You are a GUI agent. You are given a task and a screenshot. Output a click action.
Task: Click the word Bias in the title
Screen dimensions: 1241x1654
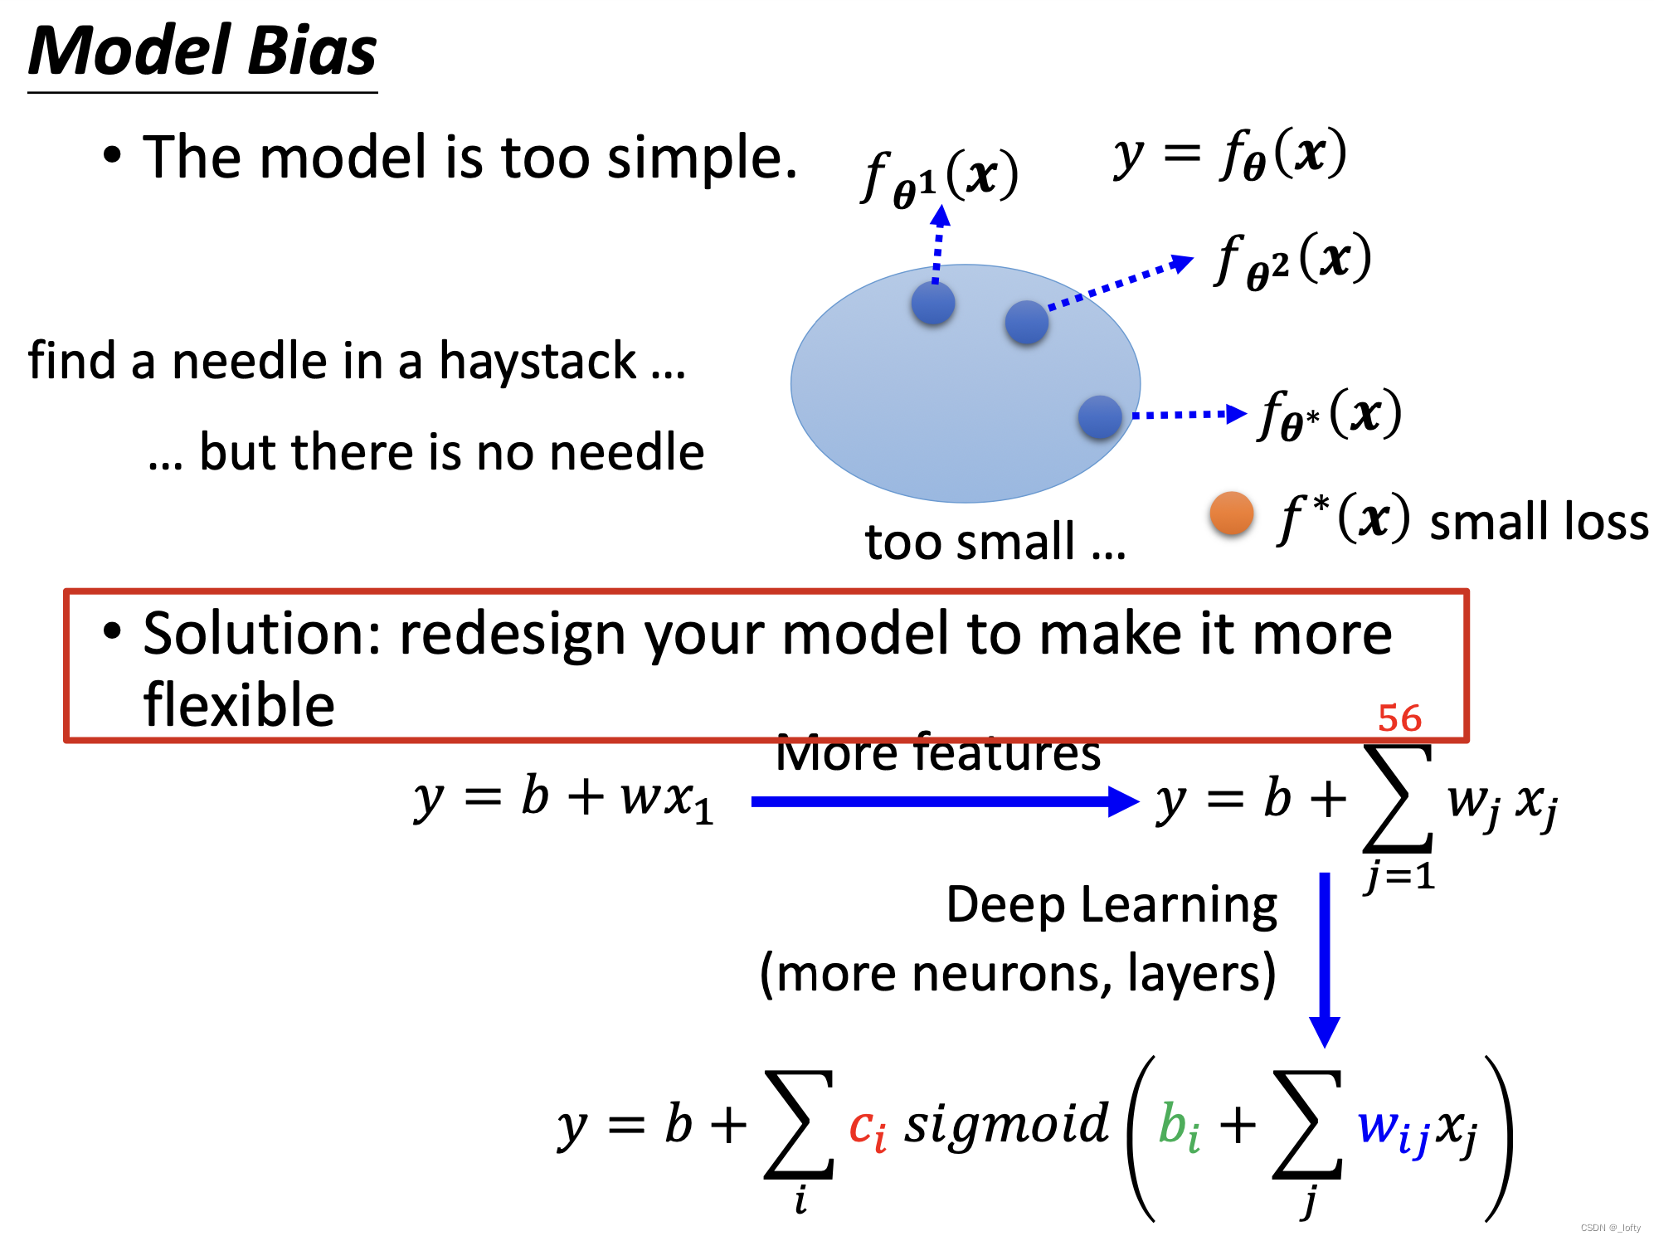tap(312, 51)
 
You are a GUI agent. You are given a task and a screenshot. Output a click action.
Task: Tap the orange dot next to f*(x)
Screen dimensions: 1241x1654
tap(1231, 513)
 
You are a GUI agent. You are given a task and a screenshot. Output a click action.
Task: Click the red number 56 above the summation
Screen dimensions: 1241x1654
tap(1399, 718)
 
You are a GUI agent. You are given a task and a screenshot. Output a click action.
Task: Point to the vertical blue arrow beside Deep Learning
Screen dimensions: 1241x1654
tap(1325, 958)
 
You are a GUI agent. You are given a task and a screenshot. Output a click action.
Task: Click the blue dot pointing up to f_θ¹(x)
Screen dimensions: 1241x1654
tap(933, 303)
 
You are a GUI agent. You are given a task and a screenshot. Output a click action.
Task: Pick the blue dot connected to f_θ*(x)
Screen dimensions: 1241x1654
tap(1100, 416)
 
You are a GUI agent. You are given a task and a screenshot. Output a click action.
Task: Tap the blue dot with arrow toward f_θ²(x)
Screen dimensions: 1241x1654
tap(1027, 322)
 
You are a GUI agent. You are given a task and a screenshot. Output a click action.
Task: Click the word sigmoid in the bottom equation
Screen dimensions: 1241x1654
tap(1006, 1125)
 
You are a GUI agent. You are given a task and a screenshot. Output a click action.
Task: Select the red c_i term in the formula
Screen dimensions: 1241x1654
tap(868, 1128)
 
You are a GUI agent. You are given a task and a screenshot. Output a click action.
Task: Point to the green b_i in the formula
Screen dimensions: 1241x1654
tap(1179, 1128)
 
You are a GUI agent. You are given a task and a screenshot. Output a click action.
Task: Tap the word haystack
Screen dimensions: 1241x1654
tap(537, 362)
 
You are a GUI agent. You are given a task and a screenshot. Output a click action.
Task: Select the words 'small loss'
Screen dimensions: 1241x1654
tap(1540, 522)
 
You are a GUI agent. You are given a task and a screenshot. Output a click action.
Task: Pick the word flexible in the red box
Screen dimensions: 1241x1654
tap(239, 705)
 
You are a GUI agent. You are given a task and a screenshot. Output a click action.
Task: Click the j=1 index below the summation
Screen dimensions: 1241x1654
tap(1400, 876)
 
